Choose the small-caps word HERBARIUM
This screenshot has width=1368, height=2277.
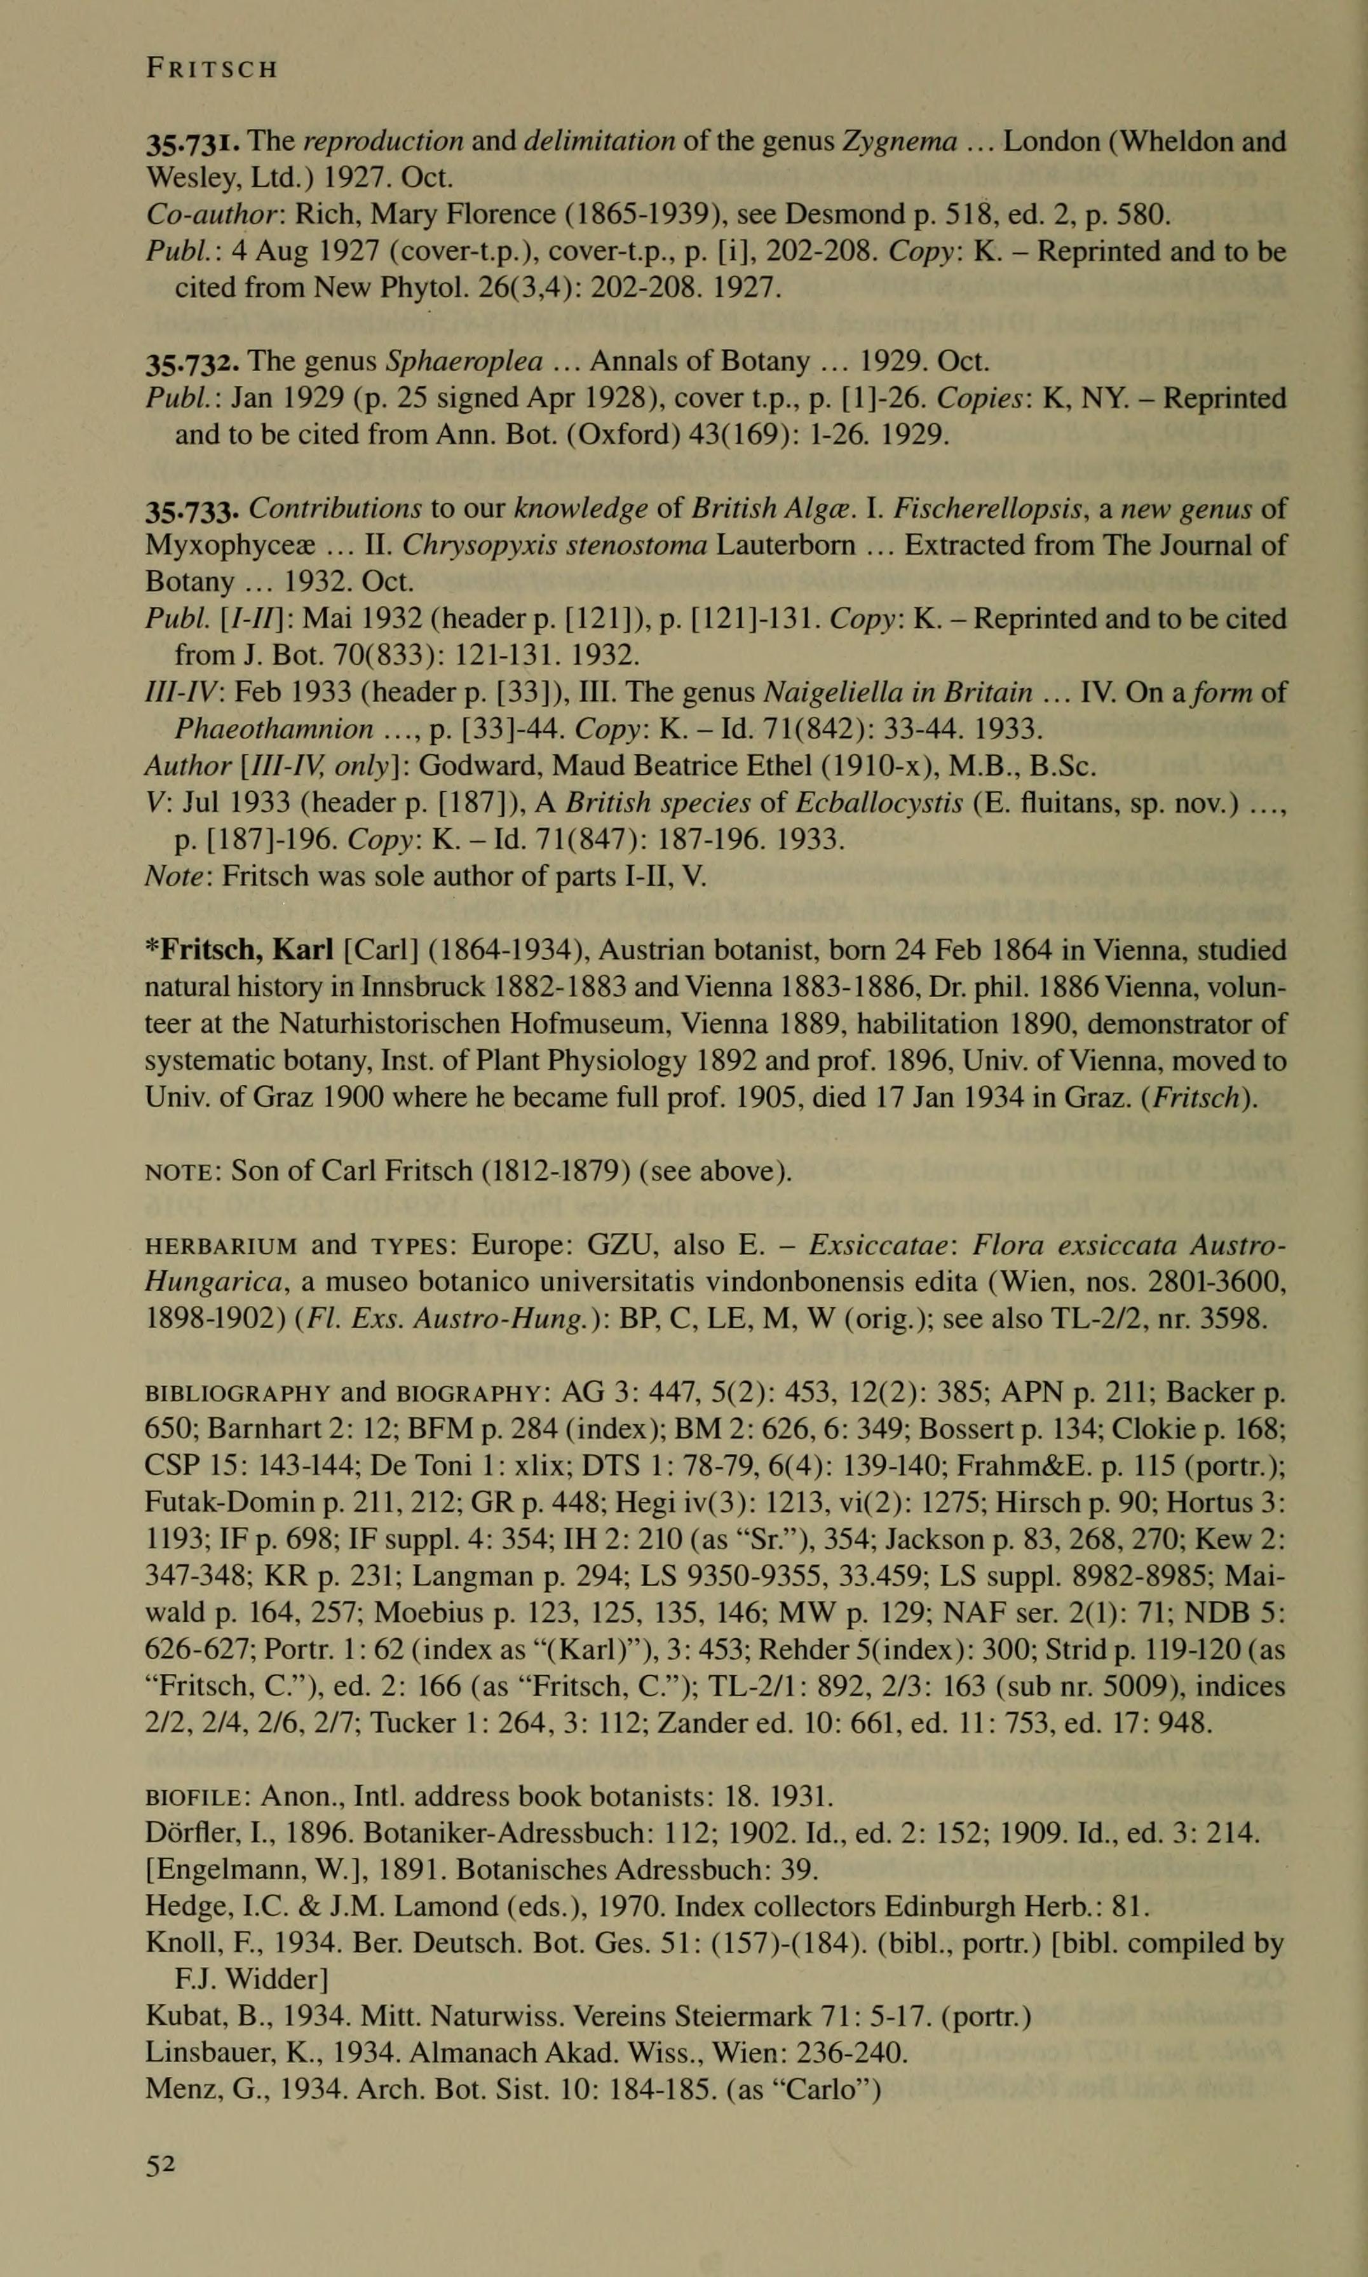coord(221,1246)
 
